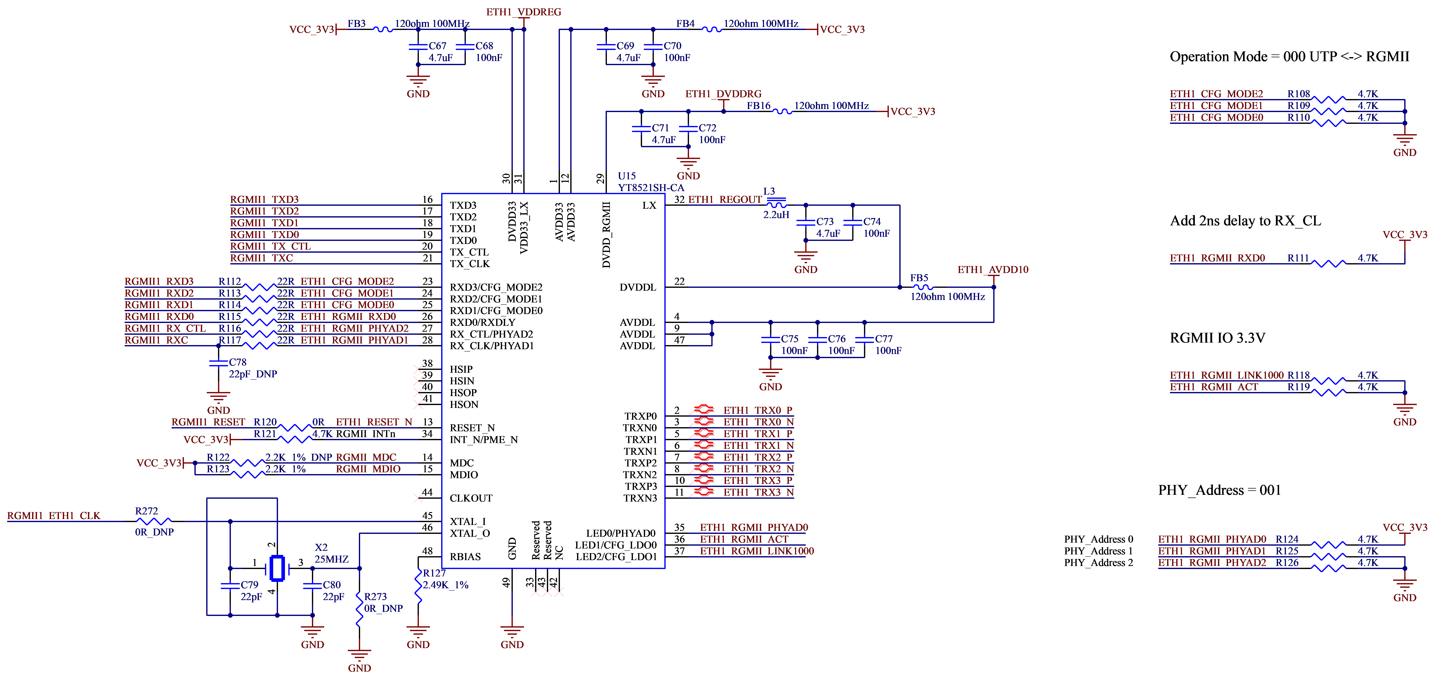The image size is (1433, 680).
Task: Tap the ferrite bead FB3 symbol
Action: (x=383, y=29)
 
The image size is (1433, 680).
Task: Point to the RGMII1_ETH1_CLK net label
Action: (x=54, y=516)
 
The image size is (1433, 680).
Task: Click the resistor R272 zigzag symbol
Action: (x=154, y=522)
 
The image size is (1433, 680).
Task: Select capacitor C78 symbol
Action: (x=218, y=364)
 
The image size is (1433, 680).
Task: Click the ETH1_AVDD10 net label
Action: (x=993, y=270)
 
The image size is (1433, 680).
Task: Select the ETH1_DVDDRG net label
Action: (x=723, y=94)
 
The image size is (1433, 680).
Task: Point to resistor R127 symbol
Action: (x=418, y=585)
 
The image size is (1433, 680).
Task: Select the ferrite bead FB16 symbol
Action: (x=782, y=112)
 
